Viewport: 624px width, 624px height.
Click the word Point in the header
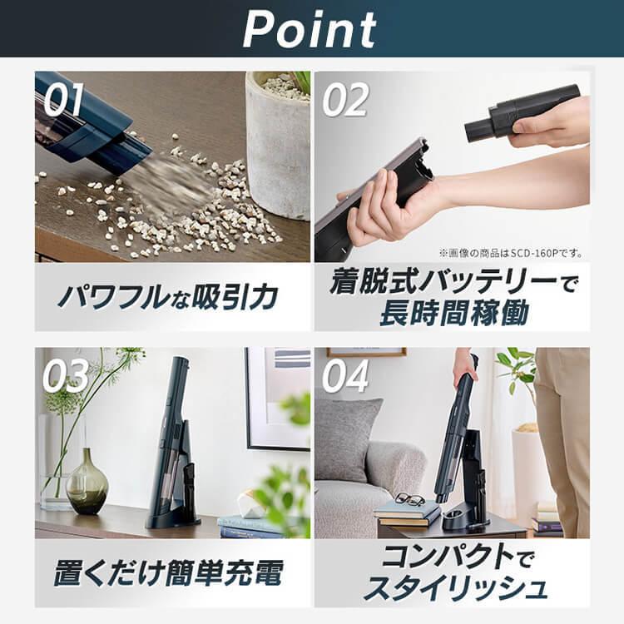click(x=310, y=31)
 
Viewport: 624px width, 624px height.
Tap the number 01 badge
click(x=63, y=101)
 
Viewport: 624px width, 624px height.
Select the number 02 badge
click(x=345, y=101)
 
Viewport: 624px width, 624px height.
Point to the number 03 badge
click(x=65, y=376)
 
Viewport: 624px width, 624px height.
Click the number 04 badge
click(x=345, y=376)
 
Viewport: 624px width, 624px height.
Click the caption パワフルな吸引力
click(x=172, y=298)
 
